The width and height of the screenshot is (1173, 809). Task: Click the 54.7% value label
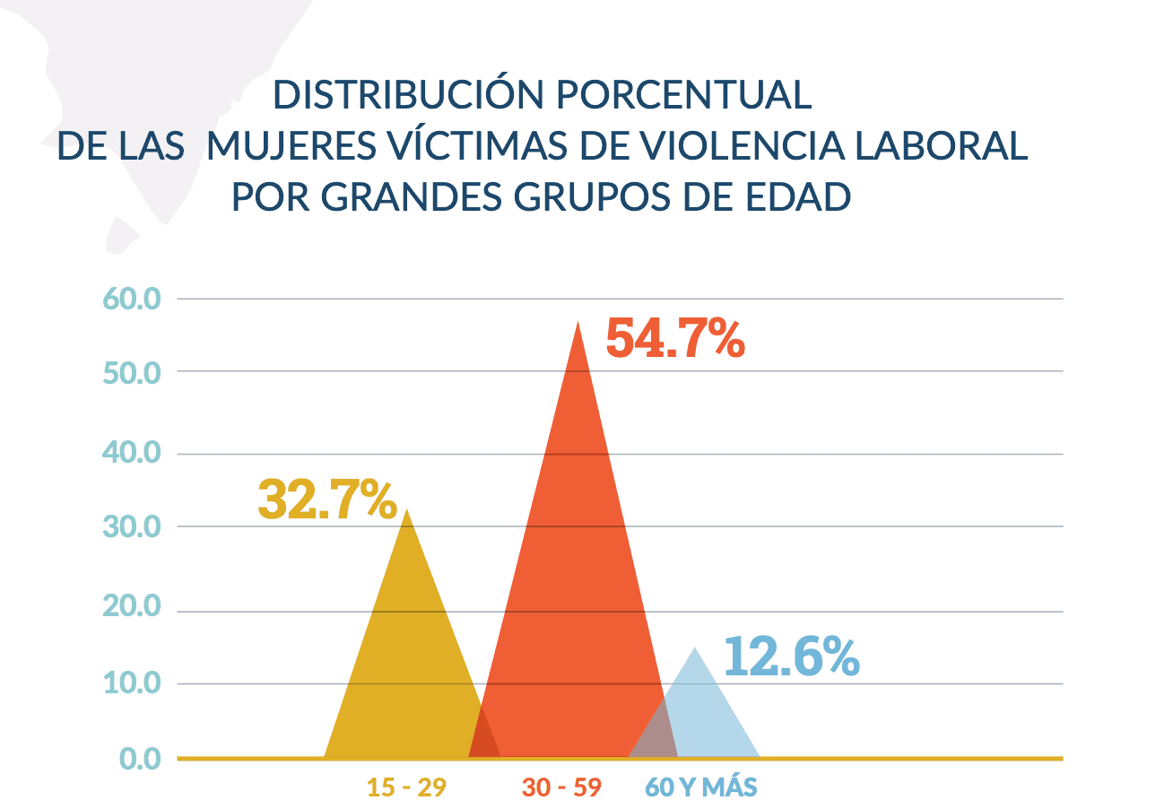pos(674,338)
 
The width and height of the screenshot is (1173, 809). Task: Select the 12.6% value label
pos(791,657)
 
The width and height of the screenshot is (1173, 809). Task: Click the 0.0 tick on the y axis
pos(140,760)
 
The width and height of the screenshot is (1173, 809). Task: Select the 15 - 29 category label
pos(405,787)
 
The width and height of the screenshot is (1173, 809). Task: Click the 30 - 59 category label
pos(561,787)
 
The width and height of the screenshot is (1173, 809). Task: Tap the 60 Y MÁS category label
pos(701,787)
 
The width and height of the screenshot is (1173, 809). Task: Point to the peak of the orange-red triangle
pos(578,323)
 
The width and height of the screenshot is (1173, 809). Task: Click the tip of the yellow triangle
pos(407,510)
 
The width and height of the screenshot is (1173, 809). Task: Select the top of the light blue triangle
pos(695,648)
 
